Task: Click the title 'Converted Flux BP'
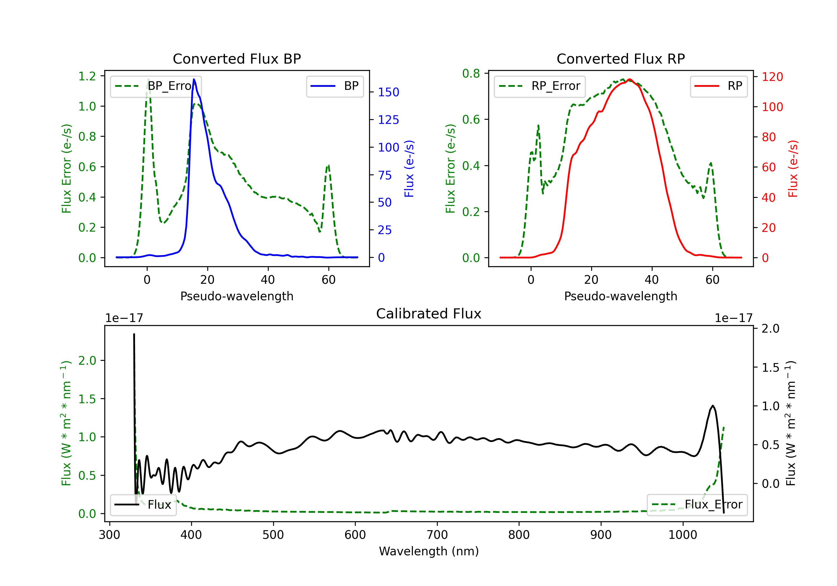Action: (x=237, y=59)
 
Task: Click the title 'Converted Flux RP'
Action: (x=620, y=59)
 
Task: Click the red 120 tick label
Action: (x=772, y=77)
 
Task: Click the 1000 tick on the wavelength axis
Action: (x=682, y=535)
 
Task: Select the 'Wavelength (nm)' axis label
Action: (x=429, y=551)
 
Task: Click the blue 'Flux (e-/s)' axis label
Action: (x=409, y=169)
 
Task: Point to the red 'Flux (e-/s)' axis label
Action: (x=793, y=169)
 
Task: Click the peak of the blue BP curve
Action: (x=194, y=79)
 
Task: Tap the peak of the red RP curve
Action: (x=630, y=79)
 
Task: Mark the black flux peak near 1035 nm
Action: (x=713, y=405)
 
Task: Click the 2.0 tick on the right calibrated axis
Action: (x=770, y=328)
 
